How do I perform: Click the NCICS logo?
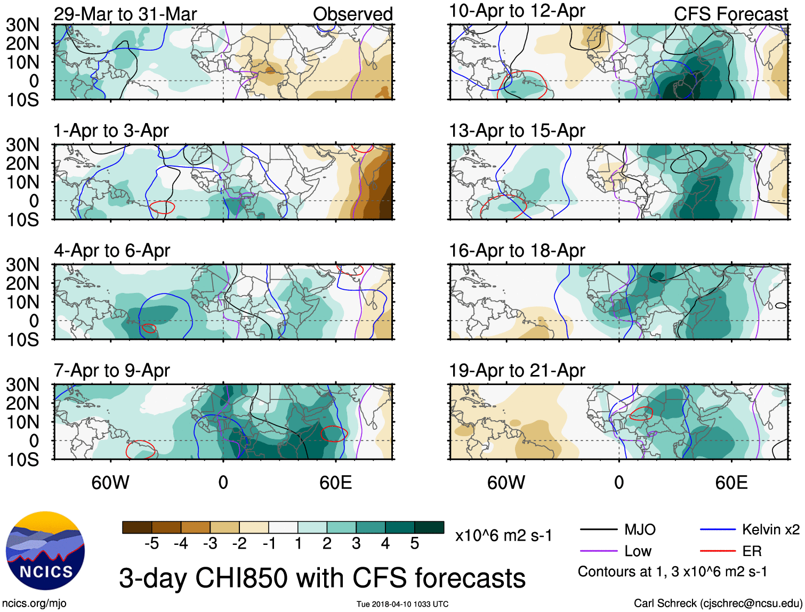[45, 551]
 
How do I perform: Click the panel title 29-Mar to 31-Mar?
[125, 14]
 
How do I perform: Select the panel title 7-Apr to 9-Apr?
[111, 370]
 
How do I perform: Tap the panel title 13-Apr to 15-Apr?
[517, 130]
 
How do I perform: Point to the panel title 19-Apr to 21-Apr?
[517, 370]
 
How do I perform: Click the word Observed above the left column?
[352, 14]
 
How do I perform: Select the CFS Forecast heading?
[730, 14]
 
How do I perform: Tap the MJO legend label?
[640, 529]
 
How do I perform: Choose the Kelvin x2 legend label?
[770, 529]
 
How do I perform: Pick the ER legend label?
[752, 551]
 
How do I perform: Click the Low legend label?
[638, 551]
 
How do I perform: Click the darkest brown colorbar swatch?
[137, 527]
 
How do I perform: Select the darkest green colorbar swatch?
[429, 527]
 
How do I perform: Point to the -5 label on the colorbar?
[152, 544]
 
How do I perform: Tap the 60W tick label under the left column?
[110, 483]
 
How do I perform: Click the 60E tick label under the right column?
[731, 483]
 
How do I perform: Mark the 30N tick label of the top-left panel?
[23, 25]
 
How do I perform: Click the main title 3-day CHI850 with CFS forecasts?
[322, 578]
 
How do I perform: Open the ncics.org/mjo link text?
[34, 603]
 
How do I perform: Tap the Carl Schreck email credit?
[718, 603]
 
